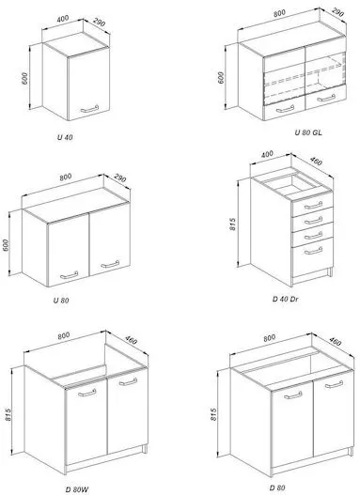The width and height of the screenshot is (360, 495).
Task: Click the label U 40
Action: pos(65,137)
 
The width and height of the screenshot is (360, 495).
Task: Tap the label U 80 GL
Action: pos(308,132)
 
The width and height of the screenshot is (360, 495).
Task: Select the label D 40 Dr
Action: pos(285,299)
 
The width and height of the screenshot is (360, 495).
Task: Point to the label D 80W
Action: pos(77,489)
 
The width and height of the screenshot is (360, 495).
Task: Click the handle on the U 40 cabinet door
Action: pos(89,109)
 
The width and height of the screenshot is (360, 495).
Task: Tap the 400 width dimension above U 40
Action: pos(63,19)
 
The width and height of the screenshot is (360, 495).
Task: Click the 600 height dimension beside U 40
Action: pos(25,78)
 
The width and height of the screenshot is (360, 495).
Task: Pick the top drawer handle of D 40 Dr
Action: pos(313,206)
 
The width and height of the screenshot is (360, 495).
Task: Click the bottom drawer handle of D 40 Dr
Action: pos(313,251)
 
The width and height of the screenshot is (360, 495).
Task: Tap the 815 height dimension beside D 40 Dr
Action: pos(233,224)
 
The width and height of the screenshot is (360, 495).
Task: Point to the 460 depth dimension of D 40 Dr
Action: pos(316,161)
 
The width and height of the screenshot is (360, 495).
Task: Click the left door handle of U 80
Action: pos(69,275)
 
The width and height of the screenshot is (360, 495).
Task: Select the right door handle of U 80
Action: pos(110,264)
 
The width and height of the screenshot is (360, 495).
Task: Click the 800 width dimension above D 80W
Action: pos(64,335)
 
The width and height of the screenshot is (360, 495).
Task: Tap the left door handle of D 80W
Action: pos(86,393)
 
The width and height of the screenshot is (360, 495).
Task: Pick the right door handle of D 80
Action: pos(334,384)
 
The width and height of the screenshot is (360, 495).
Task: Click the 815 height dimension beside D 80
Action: pos(213,414)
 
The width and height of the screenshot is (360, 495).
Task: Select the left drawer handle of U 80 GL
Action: pos(285,109)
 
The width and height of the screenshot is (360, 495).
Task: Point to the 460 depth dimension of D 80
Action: pos(335,341)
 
